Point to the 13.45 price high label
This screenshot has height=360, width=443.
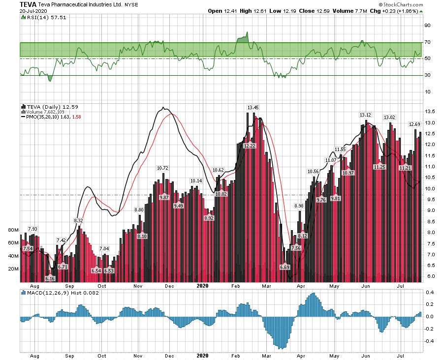[253, 107]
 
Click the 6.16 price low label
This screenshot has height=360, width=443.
[50, 278]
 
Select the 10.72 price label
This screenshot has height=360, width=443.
[162, 168]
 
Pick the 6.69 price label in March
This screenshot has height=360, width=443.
[285, 267]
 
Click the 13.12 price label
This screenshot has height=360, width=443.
[365, 115]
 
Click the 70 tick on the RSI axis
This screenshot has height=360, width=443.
[428, 42]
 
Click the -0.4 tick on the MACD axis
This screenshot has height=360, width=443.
[429, 341]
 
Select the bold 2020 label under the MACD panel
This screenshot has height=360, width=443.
[203, 355]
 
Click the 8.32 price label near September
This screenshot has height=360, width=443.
[79, 221]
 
